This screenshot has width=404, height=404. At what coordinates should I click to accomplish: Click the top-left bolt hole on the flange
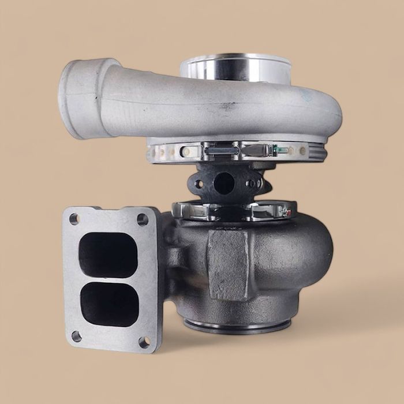[x=74, y=219]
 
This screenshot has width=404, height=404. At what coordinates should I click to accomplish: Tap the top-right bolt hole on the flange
[x=142, y=219]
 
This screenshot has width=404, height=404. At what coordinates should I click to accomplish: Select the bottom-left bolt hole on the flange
[x=76, y=336]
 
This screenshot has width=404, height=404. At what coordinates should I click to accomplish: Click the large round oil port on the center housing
[x=223, y=184]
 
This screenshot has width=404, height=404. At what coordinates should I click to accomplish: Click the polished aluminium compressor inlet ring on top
[x=237, y=68]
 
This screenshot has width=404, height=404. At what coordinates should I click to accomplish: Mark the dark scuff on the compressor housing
[x=227, y=106]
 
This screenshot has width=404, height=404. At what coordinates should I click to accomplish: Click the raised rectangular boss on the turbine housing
[x=228, y=263]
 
